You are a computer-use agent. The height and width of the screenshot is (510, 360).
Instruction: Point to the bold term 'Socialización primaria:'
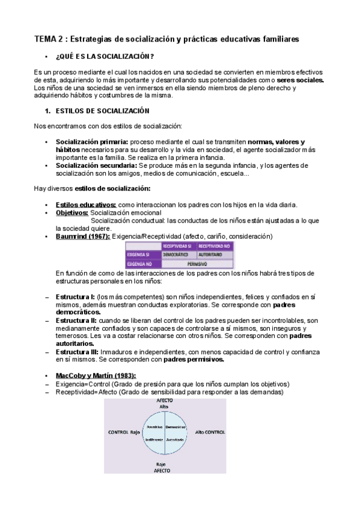tap(93, 141)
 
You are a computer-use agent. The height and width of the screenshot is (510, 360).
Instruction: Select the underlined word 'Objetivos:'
tap(72, 213)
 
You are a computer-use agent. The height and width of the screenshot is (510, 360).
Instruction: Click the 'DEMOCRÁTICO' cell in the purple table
tap(178, 255)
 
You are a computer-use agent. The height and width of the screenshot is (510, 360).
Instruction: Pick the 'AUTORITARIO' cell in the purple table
tap(214, 255)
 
